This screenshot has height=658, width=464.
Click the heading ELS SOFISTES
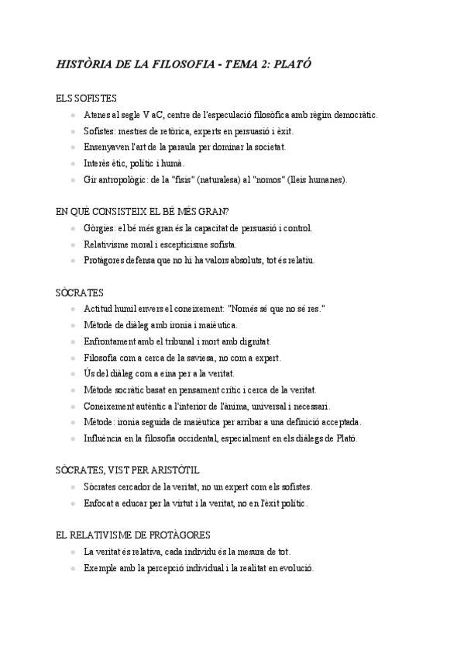pyautogui.click(x=86, y=99)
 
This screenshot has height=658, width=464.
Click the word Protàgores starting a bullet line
pyautogui.click(x=106, y=261)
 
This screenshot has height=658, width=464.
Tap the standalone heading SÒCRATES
pyautogui.click(x=80, y=293)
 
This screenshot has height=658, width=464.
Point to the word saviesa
pyautogui.click(x=200, y=358)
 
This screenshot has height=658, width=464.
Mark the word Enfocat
pyautogui.click(x=100, y=504)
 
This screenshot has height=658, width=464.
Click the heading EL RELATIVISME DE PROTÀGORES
pyautogui.click(x=133, y=535)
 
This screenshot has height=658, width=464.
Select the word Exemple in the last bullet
pyautogui.click(x=101, y=568)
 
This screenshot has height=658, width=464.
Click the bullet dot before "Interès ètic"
pyautogui.click(x=73, y=164)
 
